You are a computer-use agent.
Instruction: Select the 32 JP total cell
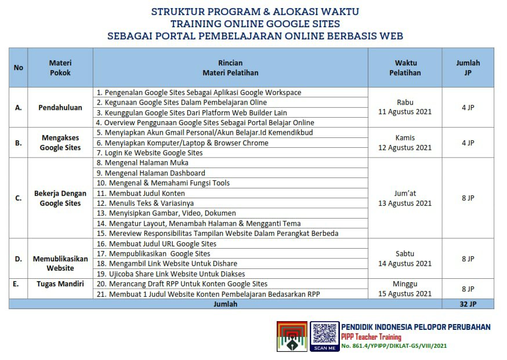468,304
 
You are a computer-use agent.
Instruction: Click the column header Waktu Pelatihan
405,68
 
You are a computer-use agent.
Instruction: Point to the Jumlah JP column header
468,68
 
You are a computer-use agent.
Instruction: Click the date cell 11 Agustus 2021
405,112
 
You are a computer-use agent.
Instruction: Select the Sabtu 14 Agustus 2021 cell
405,259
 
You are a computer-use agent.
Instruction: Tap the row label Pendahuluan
60,108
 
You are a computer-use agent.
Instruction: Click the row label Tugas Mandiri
60,284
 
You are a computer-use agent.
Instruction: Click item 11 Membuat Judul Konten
141,193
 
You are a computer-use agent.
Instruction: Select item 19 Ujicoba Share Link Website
171,274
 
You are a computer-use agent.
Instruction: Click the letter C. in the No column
18,198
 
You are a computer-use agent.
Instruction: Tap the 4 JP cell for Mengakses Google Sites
468,143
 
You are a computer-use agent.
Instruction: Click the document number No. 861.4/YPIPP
394,346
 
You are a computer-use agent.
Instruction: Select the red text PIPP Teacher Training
371,337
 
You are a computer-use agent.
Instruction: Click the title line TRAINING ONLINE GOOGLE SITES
255,24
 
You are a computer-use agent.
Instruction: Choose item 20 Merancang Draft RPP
182,284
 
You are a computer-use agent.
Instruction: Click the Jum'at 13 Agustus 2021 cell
405,198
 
